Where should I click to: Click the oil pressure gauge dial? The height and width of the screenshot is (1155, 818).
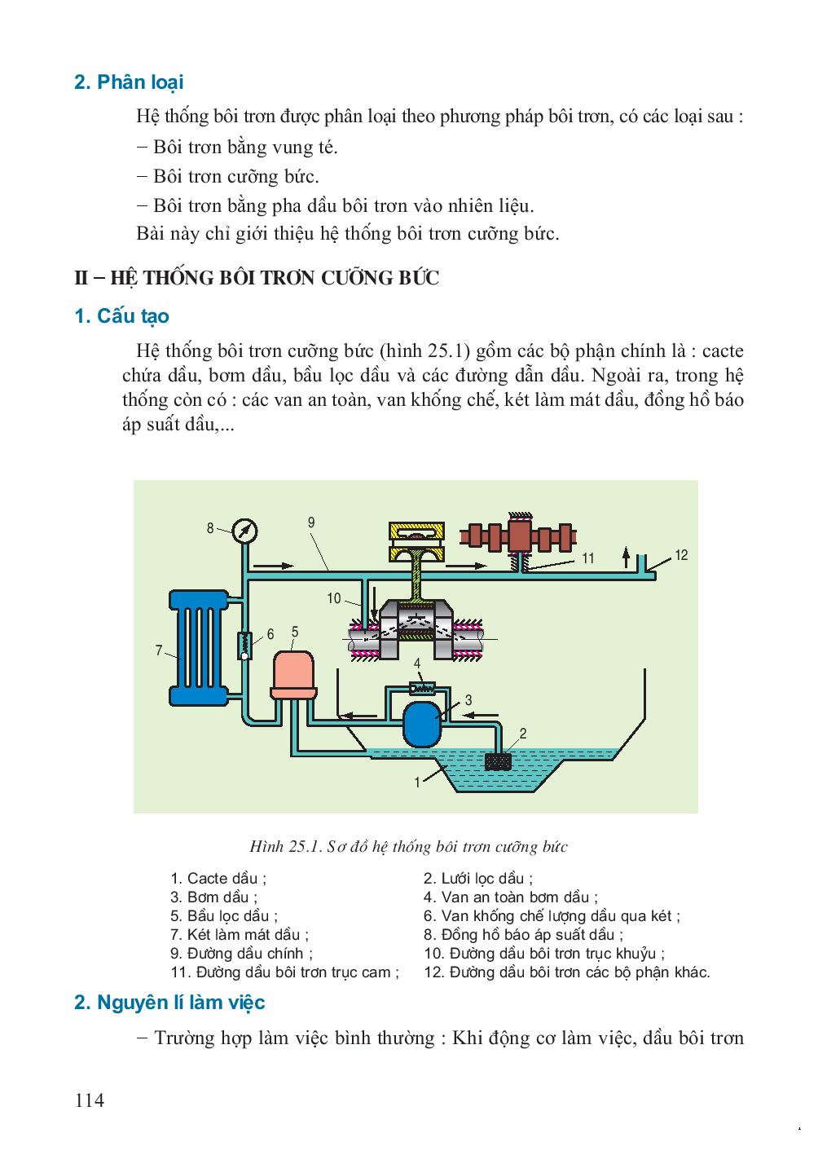[244, 531]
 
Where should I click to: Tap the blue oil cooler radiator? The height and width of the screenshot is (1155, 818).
[199, 649]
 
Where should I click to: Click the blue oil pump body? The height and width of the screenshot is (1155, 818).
[422, 721]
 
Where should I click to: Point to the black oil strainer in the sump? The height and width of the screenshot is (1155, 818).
[497, 761]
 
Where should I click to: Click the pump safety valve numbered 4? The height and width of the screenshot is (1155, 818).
[420, 687]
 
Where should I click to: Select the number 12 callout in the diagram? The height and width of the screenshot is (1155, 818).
[682, 555]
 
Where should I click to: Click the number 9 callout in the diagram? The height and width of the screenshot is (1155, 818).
[311, 522]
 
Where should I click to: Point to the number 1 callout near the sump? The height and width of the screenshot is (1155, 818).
[417, 782]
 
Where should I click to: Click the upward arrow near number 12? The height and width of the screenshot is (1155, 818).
[625, 557]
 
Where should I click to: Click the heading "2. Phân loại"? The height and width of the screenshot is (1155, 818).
[129, 82]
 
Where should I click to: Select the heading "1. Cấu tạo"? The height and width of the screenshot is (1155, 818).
[121, 316]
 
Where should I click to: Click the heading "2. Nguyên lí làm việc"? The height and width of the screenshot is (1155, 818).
[169, 1002]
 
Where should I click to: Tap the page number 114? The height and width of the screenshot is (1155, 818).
[90, 1100]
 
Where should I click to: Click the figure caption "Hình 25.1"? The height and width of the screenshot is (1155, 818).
[408, 846]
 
